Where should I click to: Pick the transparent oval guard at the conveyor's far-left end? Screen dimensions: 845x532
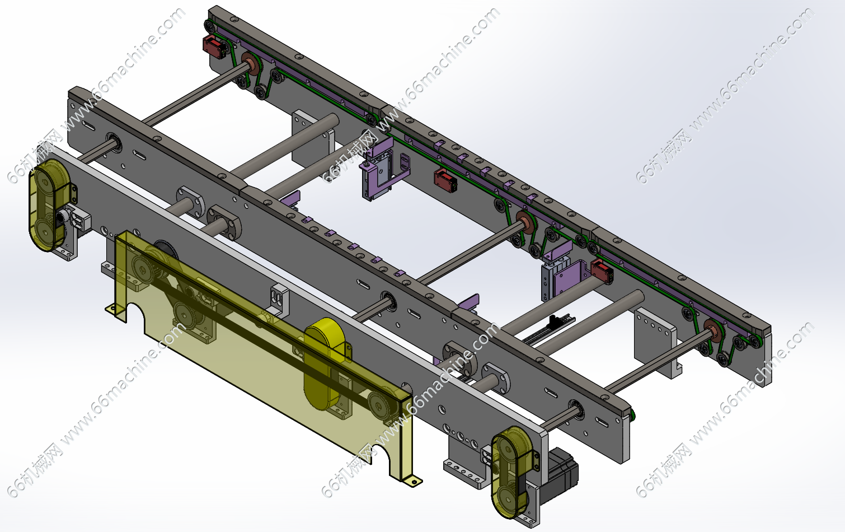tap(49, 205)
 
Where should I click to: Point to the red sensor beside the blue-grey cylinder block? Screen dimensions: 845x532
tap(602, 270)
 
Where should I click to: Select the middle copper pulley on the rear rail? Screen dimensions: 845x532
tap(525, 221)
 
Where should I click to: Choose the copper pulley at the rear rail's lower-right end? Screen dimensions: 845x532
tap(713, 330)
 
